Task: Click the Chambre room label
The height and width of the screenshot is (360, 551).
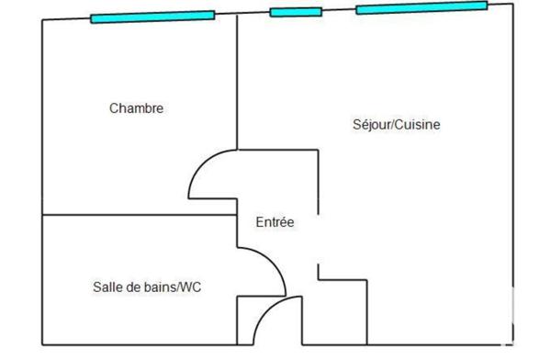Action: point(136,108)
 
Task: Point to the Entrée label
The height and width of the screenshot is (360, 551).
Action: point(275,221)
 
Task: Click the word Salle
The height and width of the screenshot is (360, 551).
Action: point(107,287)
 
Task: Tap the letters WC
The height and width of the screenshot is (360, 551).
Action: point(192,287)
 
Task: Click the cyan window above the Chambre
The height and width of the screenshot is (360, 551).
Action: point(152,17)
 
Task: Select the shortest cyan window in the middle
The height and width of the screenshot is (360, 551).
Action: point(295,12)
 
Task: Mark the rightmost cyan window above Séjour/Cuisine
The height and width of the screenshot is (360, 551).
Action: point(421,8)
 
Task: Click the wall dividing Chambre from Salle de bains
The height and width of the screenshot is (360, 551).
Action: point(138,215)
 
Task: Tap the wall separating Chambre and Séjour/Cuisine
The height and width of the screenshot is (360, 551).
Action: point(238,83)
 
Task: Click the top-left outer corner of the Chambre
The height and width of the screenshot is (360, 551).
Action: point(42,19)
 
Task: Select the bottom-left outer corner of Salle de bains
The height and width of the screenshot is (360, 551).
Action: point(42,345)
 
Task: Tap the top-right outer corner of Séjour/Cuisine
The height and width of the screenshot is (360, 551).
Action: point(511,4)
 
